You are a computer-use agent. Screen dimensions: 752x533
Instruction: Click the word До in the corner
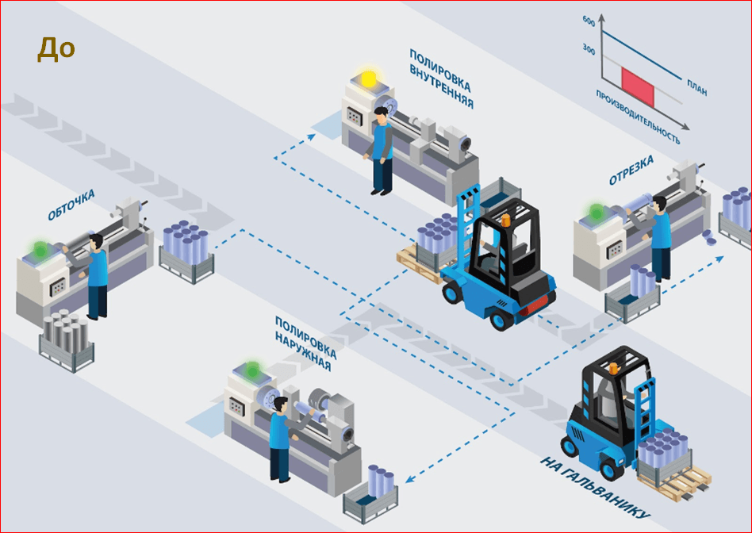coord(56,49)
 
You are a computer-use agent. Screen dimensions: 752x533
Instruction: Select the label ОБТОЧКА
coord(71,205)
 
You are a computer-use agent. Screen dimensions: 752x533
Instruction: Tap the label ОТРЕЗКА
coord(631,171)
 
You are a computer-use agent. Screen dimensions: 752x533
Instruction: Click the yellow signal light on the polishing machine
coord(368,79)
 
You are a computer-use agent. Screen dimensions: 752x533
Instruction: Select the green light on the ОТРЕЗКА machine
coord(597,212)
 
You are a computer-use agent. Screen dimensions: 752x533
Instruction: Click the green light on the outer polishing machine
coord(252,369)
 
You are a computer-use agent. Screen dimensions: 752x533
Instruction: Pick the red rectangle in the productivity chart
coord(638,86)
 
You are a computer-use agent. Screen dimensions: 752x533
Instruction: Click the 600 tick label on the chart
coord(589,21)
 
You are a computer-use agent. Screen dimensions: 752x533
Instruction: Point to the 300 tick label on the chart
coord(589,48)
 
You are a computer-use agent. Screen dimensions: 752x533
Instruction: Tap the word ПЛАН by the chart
coord(696,88)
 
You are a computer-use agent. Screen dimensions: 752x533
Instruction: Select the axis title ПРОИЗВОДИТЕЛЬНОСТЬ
coord(638,117)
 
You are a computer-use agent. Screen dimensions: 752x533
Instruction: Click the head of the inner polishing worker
coord(382,115)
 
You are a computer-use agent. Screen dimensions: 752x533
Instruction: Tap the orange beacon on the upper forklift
coord(505,220)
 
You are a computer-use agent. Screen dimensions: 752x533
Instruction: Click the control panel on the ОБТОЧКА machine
coord(58,287)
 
